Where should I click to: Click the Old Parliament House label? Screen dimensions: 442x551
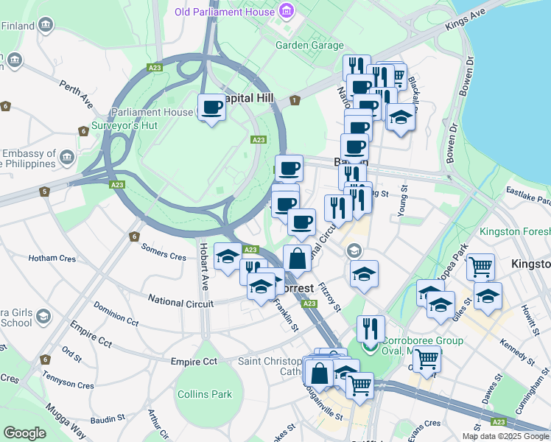point(224,12)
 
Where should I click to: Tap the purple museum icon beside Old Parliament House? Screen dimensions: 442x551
point(286,12)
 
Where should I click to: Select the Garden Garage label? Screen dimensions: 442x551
point(309,45)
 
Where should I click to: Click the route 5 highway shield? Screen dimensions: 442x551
point(44,192)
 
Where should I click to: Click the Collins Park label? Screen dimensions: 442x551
point(205,394)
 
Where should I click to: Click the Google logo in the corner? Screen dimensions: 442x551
point(24,433)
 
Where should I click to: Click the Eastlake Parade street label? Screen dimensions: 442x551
point(527,195)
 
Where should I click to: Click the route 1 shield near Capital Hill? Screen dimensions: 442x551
point(295,100)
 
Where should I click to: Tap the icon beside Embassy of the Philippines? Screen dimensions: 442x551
point(67,158)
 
